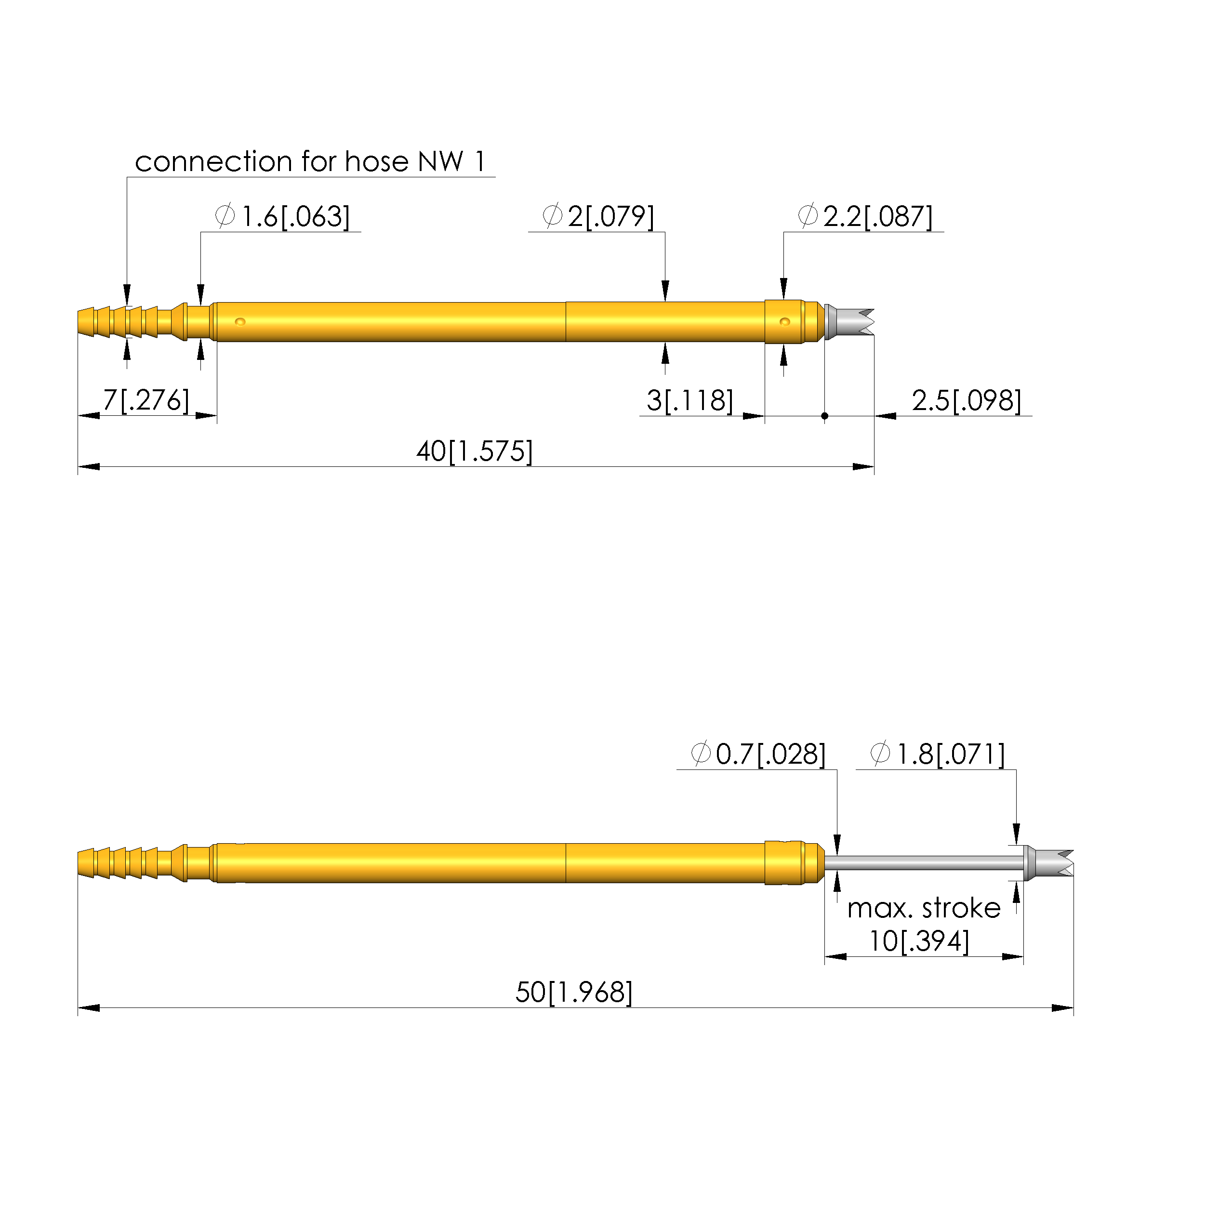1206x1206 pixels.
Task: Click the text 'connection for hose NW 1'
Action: pyautogui.click(x=310, y=162)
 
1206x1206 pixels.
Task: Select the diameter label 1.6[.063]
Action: pyautogui.click(x=295, y=217)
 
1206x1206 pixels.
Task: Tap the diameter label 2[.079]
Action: pyautogui.click(x=611, y=217)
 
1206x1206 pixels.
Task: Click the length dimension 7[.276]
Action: pyautogui.click(x=146, y=400)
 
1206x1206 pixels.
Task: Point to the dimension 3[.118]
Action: pyautogui.click(x=690, y=400)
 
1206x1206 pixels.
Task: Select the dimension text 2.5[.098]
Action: pyautogui.click(x=967, y=400)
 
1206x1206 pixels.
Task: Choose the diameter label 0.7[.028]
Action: pyautogui.click(x=771, y=754)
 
